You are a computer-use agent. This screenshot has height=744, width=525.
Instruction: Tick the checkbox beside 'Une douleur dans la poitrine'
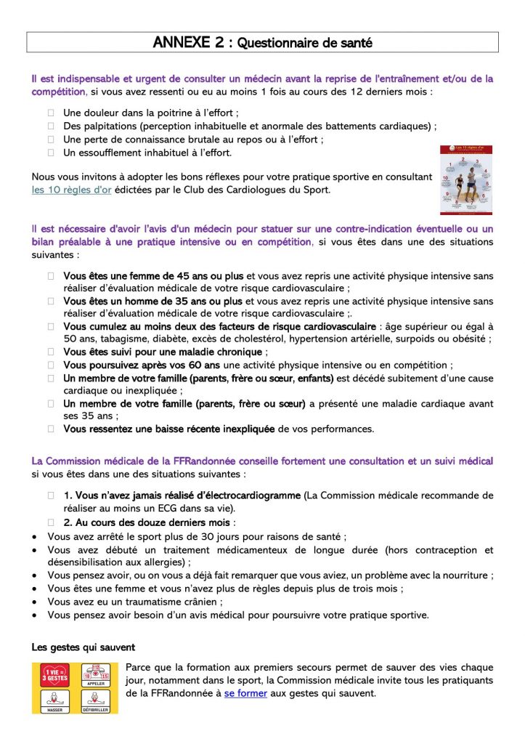52,113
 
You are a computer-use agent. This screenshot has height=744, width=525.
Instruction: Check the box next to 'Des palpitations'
52,126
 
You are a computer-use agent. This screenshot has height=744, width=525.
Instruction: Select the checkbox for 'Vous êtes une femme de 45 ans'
52,276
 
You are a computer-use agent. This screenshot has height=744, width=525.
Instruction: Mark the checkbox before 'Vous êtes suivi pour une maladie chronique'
52,352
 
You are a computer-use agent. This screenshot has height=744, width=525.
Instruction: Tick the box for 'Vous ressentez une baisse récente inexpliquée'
52,429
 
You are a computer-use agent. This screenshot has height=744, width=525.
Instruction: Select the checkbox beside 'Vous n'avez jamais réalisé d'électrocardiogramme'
52,496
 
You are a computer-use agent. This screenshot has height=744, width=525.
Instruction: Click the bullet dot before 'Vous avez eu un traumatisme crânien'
36,602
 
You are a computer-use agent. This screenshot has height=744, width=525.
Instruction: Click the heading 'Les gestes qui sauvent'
83,647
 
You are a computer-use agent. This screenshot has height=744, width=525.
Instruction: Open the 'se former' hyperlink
245,693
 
